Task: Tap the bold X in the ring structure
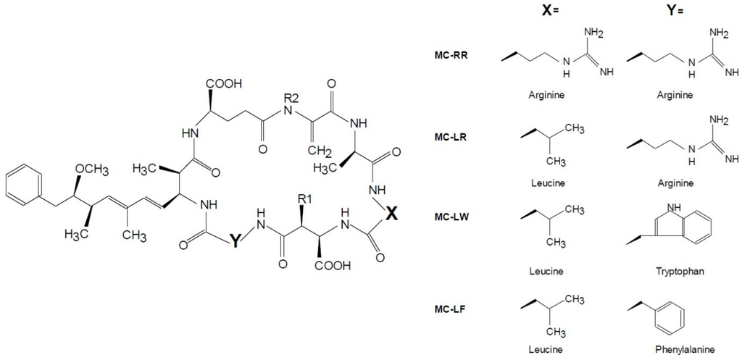click(391, 213)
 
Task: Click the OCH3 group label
click(92, 169)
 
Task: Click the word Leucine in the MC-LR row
click(546, 183)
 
